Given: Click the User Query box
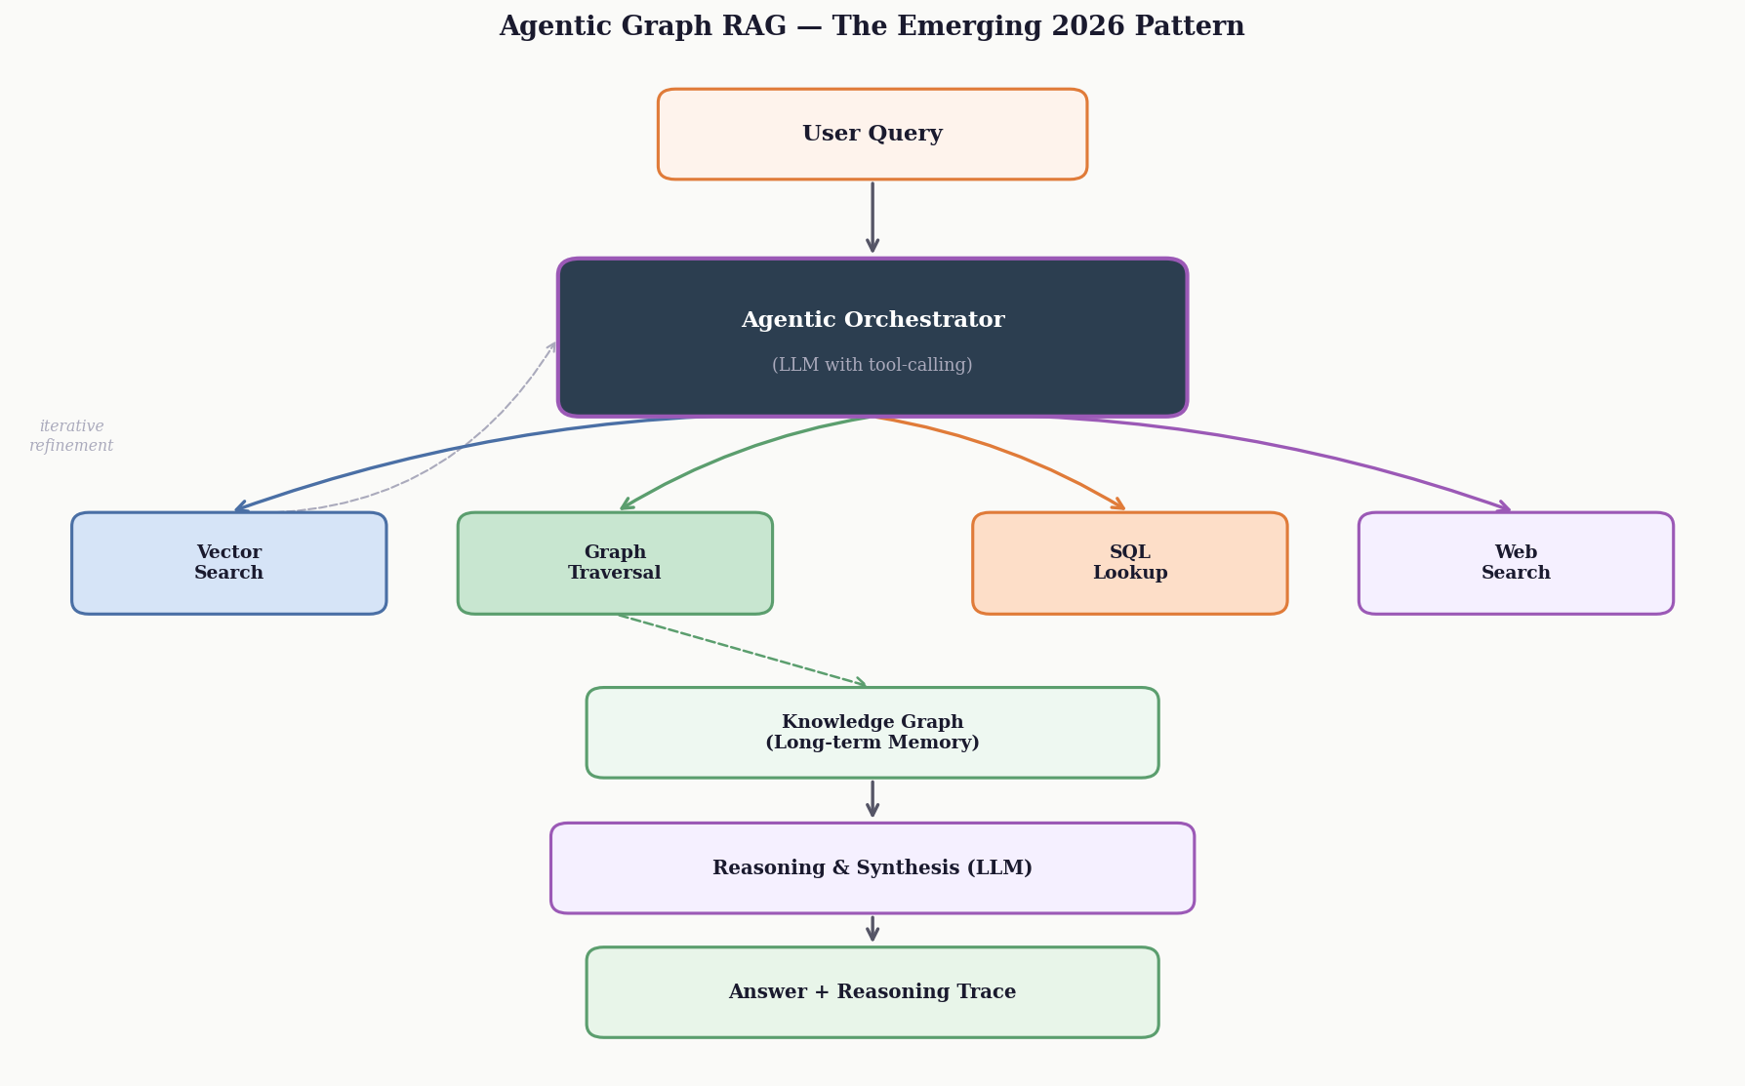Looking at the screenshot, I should click(x=872, y=135).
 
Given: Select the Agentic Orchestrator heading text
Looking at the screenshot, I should click(x=872, y=320).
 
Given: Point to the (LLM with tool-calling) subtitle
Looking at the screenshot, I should click(x=872, y=365).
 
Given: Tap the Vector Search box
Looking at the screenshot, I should click(x=228, y=563).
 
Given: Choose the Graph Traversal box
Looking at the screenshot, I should click(x=615, y=563).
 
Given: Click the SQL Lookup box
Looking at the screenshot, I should click(x=1129, y=563).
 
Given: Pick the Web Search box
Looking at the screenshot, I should click(x=1515, y=563).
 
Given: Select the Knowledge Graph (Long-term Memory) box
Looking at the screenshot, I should click(x=872, y=733).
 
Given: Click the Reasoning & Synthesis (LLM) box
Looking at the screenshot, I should click(x=872, y=868).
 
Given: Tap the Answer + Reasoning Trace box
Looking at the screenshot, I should click(x=872, y=992).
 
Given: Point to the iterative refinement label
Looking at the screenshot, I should click(x=71, y=436).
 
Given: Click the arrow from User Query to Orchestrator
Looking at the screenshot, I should click(x=872, y=217).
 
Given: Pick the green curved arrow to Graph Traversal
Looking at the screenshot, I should click(x=722, y=453).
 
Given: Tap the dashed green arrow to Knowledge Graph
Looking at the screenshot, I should click(x=742, y=650).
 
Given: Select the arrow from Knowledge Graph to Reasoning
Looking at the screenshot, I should click(x=872, y=798).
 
